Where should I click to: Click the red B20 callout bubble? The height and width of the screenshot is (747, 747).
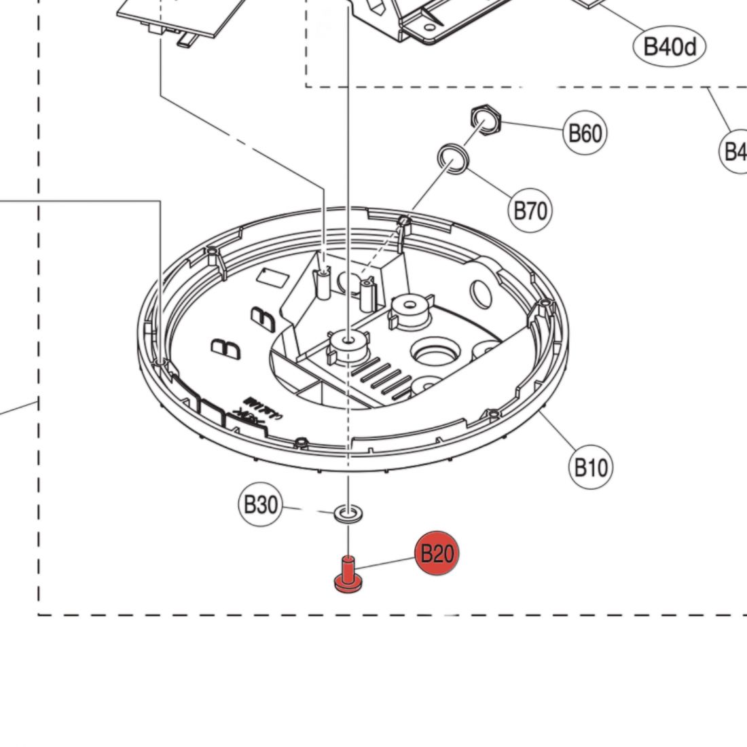coord(437,553)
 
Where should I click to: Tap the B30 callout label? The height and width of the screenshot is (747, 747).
coord(260,505)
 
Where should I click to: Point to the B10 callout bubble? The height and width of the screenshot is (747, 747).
coord(589,467)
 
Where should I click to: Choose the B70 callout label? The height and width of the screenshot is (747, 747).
coord(530,211)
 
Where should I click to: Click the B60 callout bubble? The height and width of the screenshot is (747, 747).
coord(585,133)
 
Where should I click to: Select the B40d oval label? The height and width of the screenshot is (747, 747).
coord(670,47)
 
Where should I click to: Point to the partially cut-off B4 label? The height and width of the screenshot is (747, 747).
coord(734,151)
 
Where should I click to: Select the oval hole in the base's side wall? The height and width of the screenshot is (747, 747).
coord(481,293)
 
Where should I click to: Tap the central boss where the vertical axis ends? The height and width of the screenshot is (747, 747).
coord(348,340)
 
